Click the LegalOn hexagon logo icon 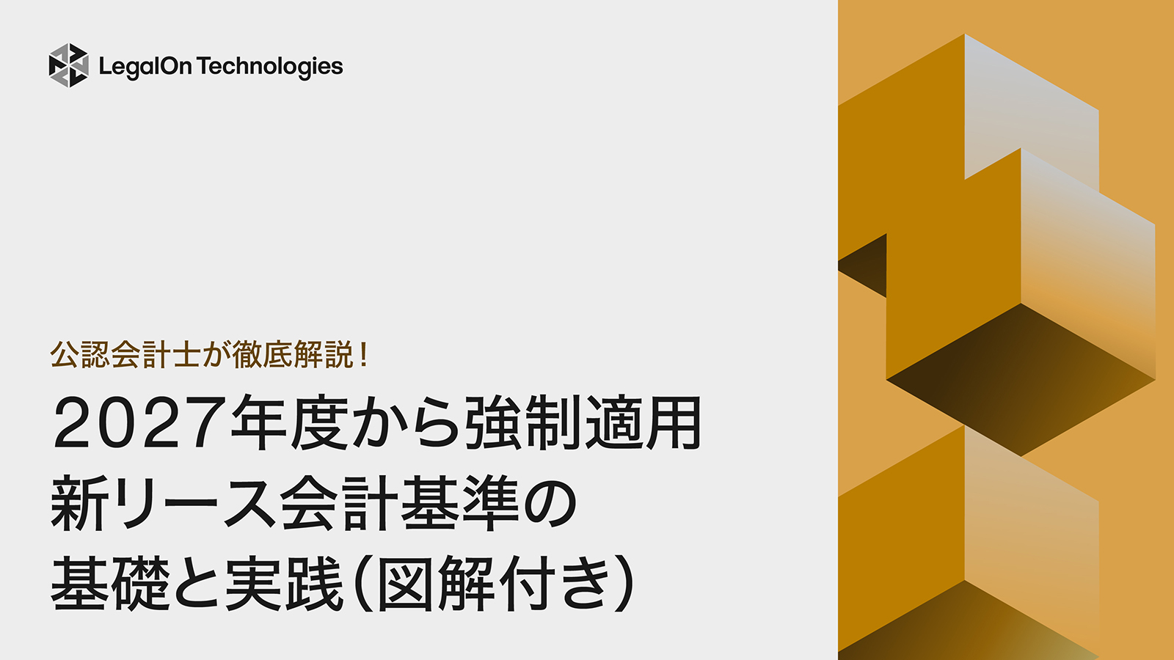coord(68,65)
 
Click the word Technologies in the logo coord(270,67)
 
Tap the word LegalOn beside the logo coord(145,67)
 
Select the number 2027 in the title coord(139,424)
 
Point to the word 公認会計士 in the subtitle coord(125,355)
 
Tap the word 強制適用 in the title coord(583,424)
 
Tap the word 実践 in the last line coord(285,584)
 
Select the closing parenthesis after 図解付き coord(624,584)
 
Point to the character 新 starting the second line coord(80,504)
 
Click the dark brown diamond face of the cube coord(1020,378)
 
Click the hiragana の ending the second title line coord(548,504)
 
